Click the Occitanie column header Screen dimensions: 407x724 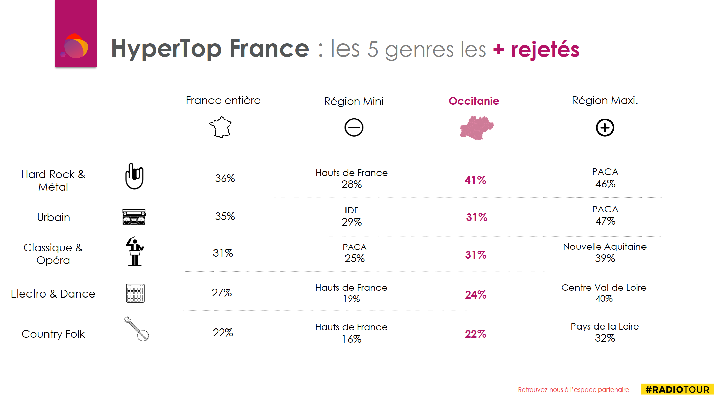tap(474, 101)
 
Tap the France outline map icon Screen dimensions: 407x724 tap(221, 127)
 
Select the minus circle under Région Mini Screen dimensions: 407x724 tap(354, 127)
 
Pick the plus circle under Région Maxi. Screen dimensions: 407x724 tap(605, 128)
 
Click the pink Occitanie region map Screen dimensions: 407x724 tap(476, 128)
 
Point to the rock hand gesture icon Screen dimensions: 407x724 tap(134, 176)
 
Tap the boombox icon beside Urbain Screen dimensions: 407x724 tap(134, 217)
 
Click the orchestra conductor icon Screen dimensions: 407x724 tap(135, 251)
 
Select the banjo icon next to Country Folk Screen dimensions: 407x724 tap(137, 329)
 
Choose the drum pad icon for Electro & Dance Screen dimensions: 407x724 tap(135, 293)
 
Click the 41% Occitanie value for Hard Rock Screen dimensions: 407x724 tap(475, 180)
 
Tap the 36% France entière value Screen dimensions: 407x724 tap(225, 178)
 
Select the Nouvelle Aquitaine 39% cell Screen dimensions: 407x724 tap(605, 253)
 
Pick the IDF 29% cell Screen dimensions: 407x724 tap(352, 216)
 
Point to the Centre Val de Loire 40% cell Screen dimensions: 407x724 tap(604, 293)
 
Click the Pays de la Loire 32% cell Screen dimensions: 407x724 tap(605, 332)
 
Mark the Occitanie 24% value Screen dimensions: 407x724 tap(475, 295)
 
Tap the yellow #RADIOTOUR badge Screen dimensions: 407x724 tap(677, 389)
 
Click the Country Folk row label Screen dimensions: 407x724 tap(53, 334)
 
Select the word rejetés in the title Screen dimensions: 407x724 tap(545, 49)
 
